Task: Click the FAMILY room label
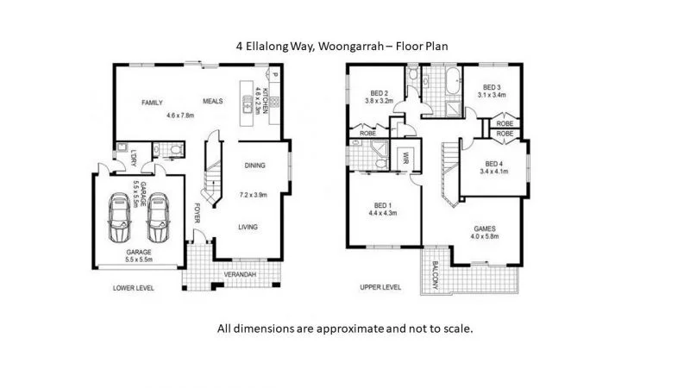point(153,103)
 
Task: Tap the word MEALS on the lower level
point(213,101)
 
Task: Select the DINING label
point(254,166)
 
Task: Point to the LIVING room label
point(249,227)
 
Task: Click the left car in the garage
point(120,219)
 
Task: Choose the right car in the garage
point(157,219)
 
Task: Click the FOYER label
point(198,212)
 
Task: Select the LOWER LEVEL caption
point(134,287)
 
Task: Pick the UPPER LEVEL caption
point(380,287)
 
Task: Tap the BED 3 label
point(492,86)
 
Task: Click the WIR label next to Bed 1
point(405,158)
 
